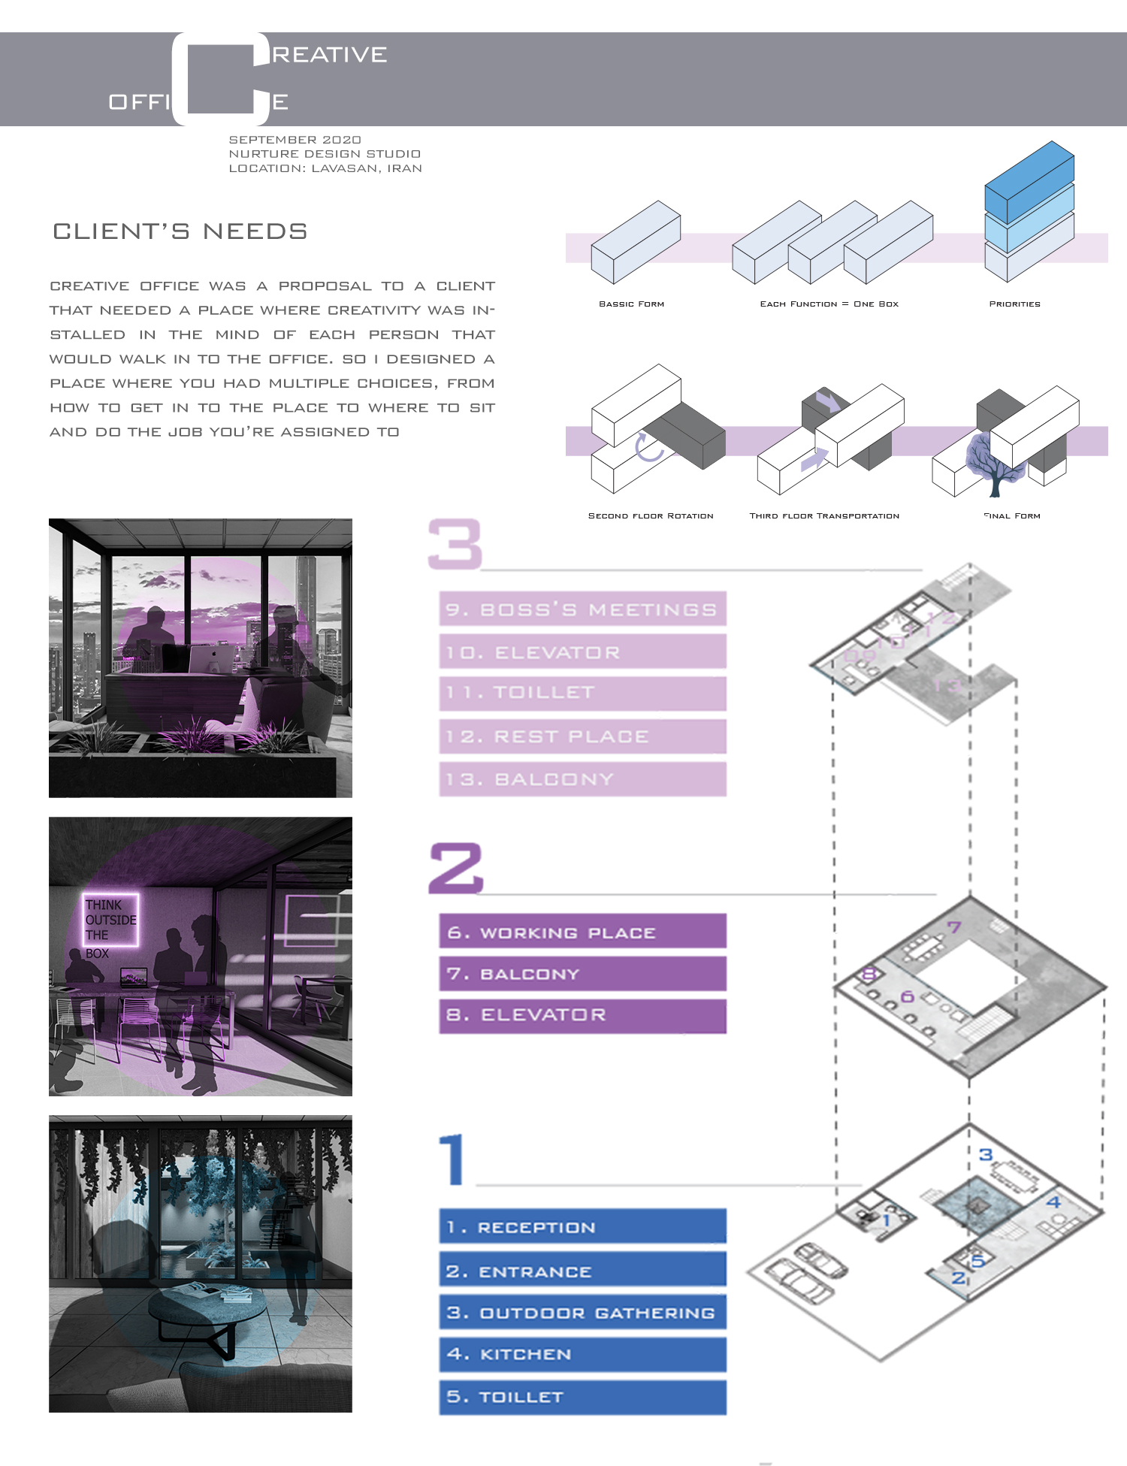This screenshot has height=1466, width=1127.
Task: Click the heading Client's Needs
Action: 180,231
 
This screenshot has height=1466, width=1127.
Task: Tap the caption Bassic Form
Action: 631,304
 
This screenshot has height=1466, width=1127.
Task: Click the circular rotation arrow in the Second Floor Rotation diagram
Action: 648,447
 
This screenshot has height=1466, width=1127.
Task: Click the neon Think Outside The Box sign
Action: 110,920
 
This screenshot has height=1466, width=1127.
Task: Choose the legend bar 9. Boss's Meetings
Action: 582,609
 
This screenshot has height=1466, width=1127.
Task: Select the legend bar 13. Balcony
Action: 582,779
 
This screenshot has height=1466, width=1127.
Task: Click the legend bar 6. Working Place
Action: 582,932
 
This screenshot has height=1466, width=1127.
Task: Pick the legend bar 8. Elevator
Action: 582,1015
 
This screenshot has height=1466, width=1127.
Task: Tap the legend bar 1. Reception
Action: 582,1227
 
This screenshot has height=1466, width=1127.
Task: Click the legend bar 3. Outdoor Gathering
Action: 582,1313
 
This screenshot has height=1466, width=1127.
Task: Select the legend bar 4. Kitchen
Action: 582,1354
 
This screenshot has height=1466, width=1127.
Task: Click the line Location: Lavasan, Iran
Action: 325,168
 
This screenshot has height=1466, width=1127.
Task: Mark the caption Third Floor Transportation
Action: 824,516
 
